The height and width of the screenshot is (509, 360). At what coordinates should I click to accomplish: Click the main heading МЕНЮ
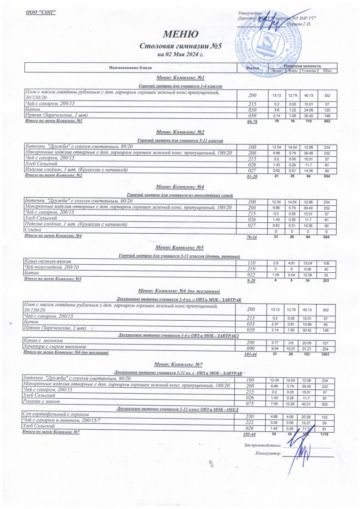click(180, 34)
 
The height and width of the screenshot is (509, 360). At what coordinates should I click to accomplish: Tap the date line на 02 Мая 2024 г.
click(180, 55)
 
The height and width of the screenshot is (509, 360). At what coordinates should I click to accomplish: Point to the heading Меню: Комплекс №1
click(180, 78)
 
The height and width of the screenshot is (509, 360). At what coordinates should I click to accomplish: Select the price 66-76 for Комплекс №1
click(252, 122)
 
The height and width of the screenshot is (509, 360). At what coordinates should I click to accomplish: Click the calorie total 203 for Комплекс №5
click(326, 280)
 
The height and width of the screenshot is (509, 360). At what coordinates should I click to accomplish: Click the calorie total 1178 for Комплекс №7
click(325, 434)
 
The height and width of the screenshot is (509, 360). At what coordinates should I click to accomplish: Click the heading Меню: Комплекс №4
click(180, 187)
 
